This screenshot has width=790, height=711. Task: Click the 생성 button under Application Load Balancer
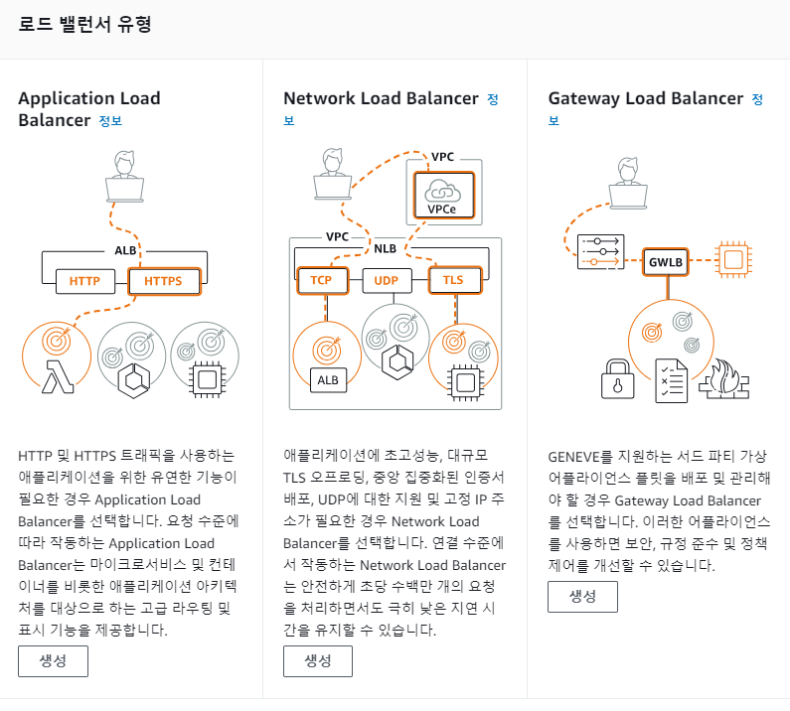click(53, 661)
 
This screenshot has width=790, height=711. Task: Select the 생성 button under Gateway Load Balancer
click(582, 597)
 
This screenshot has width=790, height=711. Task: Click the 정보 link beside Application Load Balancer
click(110, 121)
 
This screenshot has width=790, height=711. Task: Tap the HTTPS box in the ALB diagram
click(164, 281)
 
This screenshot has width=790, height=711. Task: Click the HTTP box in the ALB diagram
click(85, 281)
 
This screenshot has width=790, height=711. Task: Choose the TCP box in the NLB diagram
click(321, 280)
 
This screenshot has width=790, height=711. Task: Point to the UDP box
click(387, 280)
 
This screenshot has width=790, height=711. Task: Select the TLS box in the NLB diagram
click(452, 280)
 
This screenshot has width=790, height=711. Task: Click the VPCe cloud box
click(443, 196)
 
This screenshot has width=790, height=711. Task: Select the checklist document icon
click(671, 379)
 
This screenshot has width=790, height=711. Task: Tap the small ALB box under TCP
click(326, 380)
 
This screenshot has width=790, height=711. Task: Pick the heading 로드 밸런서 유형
click(84, 24)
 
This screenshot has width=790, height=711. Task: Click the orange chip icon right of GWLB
click(733, 261)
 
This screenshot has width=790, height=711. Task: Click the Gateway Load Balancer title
click(646, 98)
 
